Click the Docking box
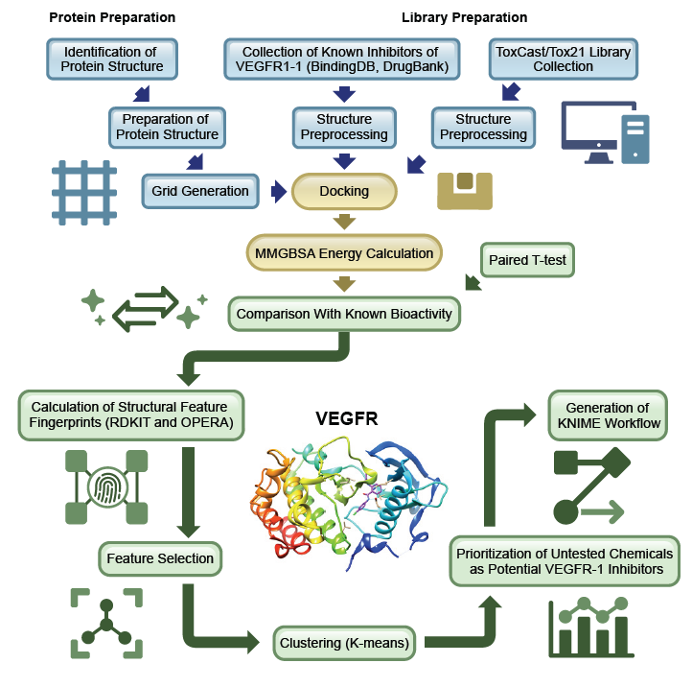(344, 191)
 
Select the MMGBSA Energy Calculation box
(344, 254)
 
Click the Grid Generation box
(200, 191)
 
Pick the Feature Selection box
(160, 557)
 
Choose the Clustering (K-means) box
(347, 642)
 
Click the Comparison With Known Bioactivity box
(345, 313)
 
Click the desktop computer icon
(605, 136)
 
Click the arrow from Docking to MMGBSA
(344, 222)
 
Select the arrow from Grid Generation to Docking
(278, 191)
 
